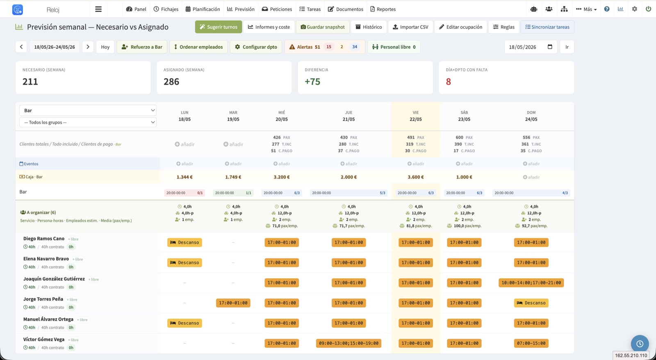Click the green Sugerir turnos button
(x=219, y=27)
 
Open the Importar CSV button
(x=410, y=27)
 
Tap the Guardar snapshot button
(x=322, y=27)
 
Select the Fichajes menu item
(x=166, y=9)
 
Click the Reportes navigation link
(x=383, y=9)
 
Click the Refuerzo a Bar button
(x=142, y=47)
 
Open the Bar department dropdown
(x=88, y=110)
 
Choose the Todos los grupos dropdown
(x=88, y=122)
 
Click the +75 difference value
(x=312, y=82)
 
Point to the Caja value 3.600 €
(x=416, y=177)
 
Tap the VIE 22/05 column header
(x=416, y=116)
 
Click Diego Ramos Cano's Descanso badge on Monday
(x=184, y=242)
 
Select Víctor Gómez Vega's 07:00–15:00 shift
(x=531, y=343)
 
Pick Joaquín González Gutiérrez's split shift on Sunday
(x=531, y=283)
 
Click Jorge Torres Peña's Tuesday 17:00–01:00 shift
(x=233, y=303)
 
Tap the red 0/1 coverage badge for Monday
(x=200, y=193)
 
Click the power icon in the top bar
(x=648, y=9)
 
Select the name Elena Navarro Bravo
(x=46, y=259)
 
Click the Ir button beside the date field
(x=567, y=47)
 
